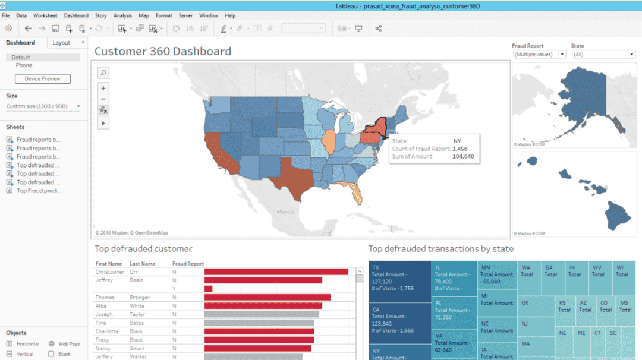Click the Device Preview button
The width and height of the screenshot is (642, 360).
tap(42, 78)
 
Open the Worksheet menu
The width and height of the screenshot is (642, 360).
tap(45, 15)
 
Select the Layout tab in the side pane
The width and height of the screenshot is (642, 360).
tap(61, 43)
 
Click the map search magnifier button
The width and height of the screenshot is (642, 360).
tap(103, 72)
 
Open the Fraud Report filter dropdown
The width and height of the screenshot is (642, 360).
tap(540, 55)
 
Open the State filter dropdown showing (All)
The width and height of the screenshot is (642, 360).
tap(603, 55)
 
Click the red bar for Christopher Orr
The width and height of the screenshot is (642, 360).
tap(276, 272)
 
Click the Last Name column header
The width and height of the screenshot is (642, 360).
tap(143, 264)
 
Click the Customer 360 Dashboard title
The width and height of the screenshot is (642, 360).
tap(163, 51)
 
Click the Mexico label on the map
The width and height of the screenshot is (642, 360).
tap(285, 211)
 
